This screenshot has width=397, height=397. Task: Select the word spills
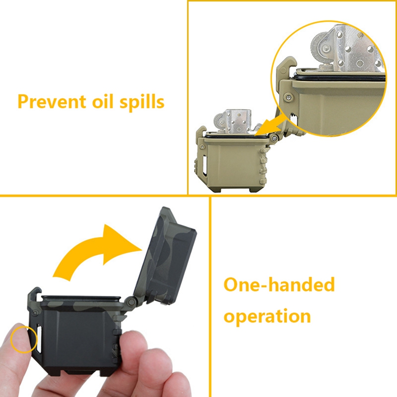tap(142, 103)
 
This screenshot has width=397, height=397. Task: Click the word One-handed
tap(279, 284)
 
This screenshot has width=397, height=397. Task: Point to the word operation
tap(267, 317)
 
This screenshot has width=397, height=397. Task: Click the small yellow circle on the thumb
tap(24, 340)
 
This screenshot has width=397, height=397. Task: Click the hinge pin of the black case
tap(131, 302)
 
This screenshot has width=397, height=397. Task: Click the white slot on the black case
tap(39, 338)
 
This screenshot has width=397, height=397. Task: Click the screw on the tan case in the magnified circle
tap(288, 96)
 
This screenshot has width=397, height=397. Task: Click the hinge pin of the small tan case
tap(274, 137)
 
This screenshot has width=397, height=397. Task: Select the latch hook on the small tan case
tap(201, 132)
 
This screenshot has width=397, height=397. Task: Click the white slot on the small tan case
tap(204, 164)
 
